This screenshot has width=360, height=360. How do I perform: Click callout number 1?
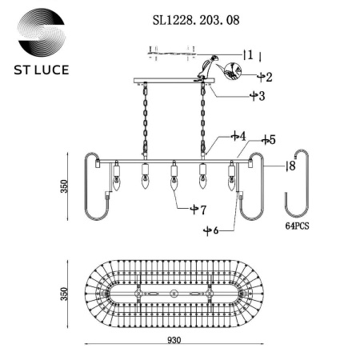(250, 54)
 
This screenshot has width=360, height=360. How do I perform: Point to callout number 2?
(268, 78)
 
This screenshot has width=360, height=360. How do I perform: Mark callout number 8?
(292, 166)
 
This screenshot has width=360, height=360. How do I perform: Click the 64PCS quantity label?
(297, 226)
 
